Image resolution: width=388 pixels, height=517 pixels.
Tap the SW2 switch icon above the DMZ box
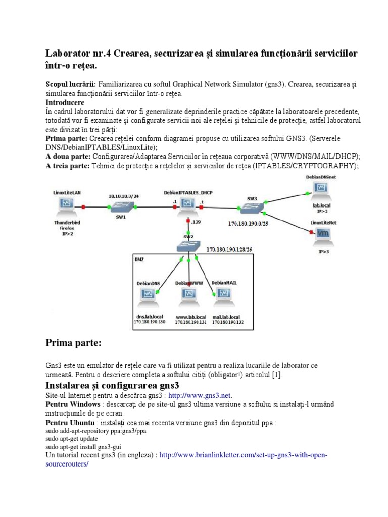(x=188, y=246)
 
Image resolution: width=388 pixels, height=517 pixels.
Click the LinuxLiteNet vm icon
(x=322, y=233)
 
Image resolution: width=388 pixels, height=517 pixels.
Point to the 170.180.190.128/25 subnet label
(x=228, y=249)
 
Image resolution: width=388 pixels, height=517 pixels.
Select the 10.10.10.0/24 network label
(x=123, y=195)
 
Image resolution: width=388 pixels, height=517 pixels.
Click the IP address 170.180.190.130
(x=150, y=322)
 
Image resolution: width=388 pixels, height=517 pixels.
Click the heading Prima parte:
(x=74, y=343)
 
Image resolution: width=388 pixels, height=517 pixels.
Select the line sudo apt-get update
(x=69, y=439)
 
